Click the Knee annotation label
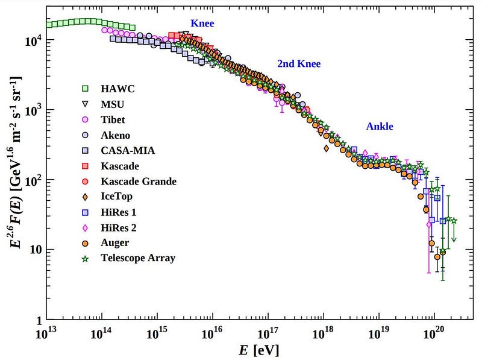(202, 24)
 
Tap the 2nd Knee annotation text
(299, 64)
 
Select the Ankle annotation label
(380, 127)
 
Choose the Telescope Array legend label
(138, 258)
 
